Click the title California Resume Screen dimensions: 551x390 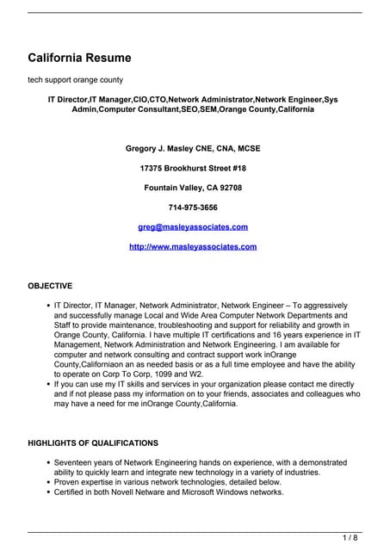point(79,59)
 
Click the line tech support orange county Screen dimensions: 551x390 point(74,80)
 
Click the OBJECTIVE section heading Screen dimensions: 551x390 point(50,286)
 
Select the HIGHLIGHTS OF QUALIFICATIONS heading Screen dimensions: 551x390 point(93,443)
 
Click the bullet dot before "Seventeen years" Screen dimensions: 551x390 point(46,463)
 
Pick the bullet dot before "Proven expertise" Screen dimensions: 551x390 point(46,483)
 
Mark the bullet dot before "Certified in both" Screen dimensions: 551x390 point(46,493)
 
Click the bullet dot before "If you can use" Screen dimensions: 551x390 point(46,385)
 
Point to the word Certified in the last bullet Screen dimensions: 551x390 point(71,492)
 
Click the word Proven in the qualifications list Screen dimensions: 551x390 point(68,483)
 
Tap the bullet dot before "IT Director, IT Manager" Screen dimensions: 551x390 point(46,306)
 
